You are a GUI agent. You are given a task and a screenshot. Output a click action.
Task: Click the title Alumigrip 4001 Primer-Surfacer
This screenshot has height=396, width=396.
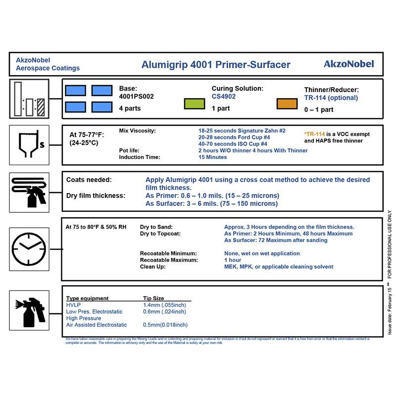(x=216, y=64)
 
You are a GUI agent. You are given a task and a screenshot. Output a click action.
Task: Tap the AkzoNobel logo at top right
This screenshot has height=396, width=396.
(x=348, y=64)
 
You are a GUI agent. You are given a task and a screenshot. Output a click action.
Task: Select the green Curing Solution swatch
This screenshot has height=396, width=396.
(x=195, y=103)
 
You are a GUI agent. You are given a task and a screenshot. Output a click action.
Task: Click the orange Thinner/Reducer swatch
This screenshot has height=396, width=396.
(x=287, y=103)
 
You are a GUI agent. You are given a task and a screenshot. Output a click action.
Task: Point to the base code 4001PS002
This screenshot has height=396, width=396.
(x=137, y=97)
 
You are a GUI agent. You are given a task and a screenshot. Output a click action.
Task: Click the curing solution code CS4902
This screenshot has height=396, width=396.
(x=224, y=97)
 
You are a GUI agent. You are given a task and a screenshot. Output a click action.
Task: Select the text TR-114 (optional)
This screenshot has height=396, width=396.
(x=331, y=98)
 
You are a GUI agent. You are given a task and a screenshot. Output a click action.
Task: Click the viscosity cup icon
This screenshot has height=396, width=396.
(x=29, y=144)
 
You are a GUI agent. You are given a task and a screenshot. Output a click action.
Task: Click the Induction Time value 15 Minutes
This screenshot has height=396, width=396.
(x=212, y=157)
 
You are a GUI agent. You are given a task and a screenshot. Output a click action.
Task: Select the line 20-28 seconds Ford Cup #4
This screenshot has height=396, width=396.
(x=234, y=137)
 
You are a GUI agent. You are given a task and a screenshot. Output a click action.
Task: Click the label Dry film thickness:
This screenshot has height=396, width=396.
(x=96, y=196)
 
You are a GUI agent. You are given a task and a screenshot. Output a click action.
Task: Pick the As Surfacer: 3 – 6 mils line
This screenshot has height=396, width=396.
(x=211, y=203)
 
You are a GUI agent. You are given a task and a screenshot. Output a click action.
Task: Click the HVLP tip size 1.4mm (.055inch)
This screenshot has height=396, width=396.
(x=164, y=305)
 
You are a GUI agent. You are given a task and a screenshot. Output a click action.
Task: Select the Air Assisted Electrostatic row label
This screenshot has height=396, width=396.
(x=97, y=325)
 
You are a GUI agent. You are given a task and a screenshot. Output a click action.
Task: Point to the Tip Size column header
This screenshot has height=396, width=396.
(x=153, y=298)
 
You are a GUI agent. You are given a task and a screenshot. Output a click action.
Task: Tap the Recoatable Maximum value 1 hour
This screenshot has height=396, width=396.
(x=233, y=260)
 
